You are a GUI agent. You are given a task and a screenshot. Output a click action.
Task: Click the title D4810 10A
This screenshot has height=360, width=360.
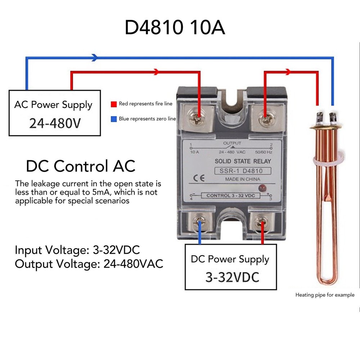[x=175, y=28]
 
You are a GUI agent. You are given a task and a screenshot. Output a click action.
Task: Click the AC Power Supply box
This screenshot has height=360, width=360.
[x=53, y=113]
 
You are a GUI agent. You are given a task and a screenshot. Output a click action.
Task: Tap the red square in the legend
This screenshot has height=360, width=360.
[x=113, y=104]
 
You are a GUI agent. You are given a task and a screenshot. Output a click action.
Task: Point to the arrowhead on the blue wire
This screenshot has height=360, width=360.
[x=95, y=57]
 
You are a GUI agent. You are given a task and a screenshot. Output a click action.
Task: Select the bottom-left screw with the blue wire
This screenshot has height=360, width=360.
[x=199, y=222]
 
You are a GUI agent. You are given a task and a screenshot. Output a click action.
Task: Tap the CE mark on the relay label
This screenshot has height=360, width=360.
[x=197, y=177]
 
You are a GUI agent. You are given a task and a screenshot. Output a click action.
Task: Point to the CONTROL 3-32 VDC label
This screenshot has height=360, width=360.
[x=233, y=195]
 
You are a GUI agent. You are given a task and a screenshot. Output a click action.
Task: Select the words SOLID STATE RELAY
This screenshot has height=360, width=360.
[x=238, y=161]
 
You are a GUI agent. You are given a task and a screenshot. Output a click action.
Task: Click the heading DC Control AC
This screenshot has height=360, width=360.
[x=81, y=166]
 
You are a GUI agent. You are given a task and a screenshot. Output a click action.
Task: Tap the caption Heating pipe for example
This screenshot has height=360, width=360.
[x=325, y=295]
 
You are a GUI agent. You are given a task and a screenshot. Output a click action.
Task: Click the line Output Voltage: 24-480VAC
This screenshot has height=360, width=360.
[x=89, y=264]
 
